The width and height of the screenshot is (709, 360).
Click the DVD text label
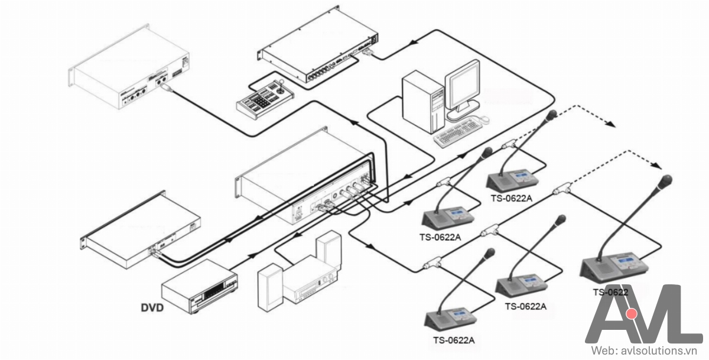(x=152, y=307)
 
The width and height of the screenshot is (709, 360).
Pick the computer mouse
(x=483, y=119)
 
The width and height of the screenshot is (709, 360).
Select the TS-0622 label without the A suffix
(x=610, y=291)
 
